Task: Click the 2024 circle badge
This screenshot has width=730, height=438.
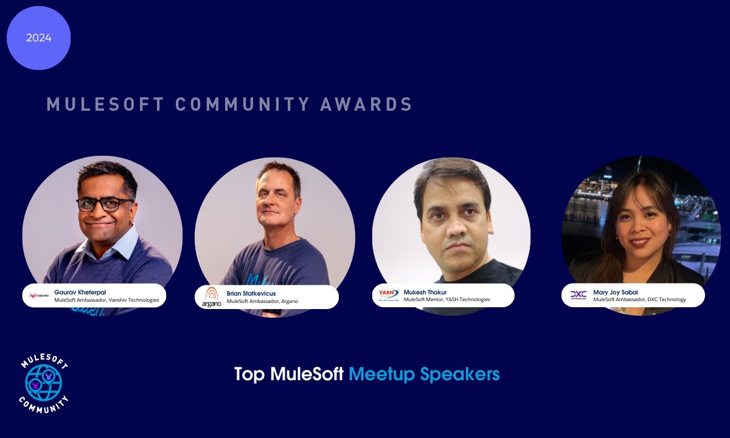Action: tap(38, 38)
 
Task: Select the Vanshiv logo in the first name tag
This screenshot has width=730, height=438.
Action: tap(39, 296)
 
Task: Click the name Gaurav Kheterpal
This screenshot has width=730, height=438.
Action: tap(80, 292)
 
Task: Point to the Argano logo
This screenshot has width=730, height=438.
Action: tap(212, 297)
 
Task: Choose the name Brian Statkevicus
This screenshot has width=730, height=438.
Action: tap(251, 293)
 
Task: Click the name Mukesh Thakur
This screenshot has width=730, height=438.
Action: tap(425, 292)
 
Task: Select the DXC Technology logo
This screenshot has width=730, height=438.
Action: tap(578, 295)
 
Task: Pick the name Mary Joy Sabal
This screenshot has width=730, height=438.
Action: tap(616, 292)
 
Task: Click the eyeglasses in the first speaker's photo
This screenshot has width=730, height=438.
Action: tap(105, 204)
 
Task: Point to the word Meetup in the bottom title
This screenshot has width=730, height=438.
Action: tap(381, 374)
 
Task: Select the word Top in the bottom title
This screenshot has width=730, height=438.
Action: tap(249, 374)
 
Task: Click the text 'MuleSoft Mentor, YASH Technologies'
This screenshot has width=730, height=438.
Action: tap(447, 299)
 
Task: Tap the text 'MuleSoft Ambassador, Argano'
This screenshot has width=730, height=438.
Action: tap(262, 301)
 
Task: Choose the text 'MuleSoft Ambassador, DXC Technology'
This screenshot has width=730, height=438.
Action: tap(639, 299)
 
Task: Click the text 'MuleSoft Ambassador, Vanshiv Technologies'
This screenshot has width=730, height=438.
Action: tap(106, 300)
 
